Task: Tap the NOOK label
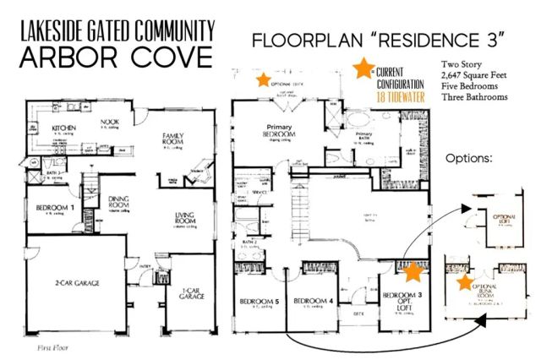(x=111, y=122)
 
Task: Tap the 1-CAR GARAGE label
(x=190, y=294)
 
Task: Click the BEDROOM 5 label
(x=260, y=302)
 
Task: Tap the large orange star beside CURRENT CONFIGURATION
(x=364, y=69)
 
